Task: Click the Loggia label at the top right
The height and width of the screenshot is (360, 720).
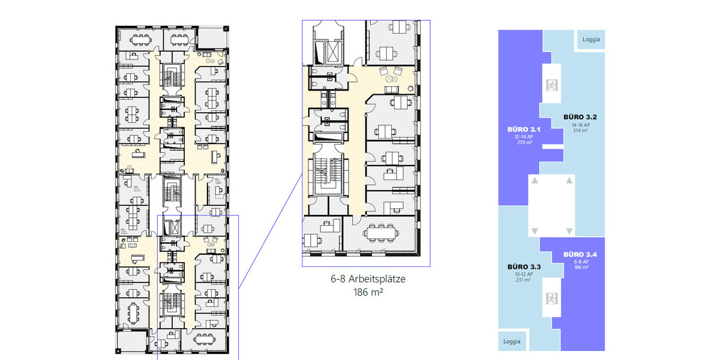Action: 591,40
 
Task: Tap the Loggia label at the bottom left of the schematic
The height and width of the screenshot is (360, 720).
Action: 511,341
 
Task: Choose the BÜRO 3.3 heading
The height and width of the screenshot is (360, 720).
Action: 523,266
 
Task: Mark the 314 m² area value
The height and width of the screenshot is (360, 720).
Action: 579,130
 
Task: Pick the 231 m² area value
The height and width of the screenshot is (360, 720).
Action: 523,280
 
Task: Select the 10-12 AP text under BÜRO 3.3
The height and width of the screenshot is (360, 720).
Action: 523,274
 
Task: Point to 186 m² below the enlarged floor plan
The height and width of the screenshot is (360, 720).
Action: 366,293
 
